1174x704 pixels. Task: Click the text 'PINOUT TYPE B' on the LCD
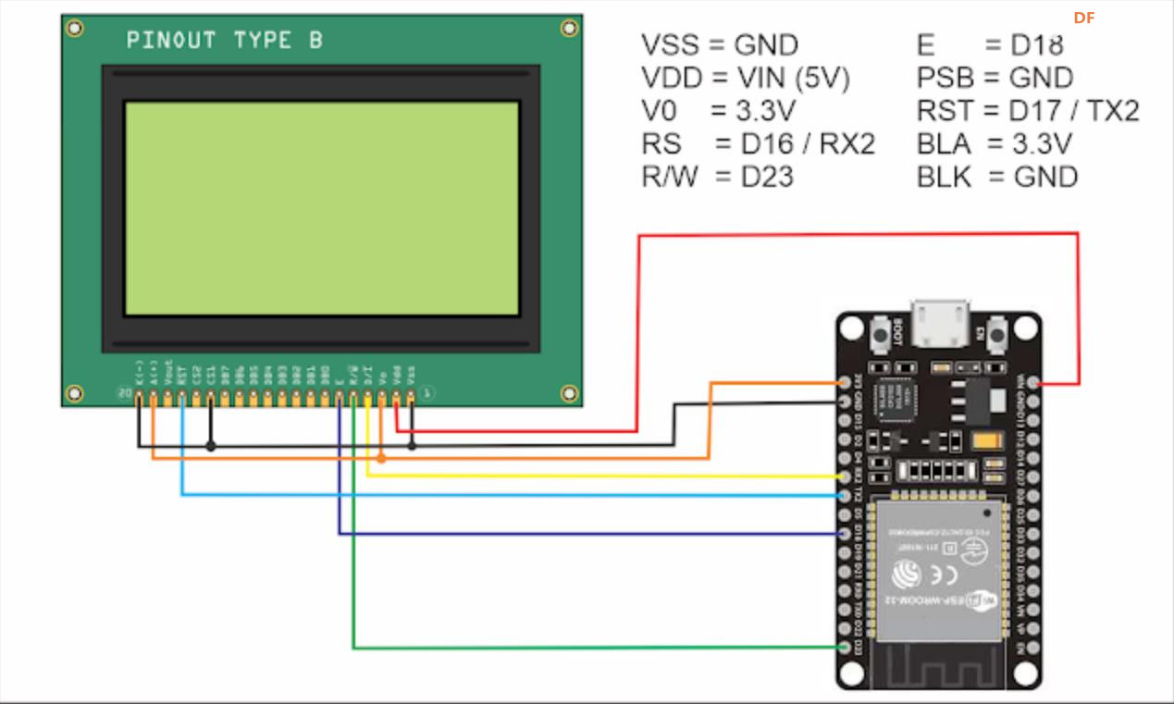(225, 41)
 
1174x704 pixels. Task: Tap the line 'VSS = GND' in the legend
(719, 45)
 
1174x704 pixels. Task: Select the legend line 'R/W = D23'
(718, 176)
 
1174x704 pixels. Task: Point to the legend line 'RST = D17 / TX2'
(1028, 111)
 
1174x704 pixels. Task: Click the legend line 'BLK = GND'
(997, 176)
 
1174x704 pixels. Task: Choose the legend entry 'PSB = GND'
(995, 78)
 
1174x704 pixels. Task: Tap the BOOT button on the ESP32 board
(883, 332)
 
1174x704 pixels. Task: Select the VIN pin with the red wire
(1032, 382)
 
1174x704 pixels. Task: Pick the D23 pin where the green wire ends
(845, 647)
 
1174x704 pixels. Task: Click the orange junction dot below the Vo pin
(382, 457)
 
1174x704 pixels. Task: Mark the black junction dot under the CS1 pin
(211, 446)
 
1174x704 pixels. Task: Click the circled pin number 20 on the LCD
(124, 394)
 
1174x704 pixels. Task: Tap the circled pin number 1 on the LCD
(427, 394)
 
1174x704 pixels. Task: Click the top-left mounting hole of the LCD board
(75, 29)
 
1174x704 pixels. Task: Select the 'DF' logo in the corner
(1084, 18)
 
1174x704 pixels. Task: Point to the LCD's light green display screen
(322, 208)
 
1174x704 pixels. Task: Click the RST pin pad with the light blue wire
(182, 398)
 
